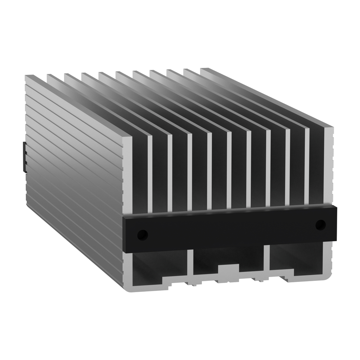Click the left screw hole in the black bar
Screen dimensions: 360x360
pyautogui.click(x=142, y=234)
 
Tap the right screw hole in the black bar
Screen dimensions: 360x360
pyautogui.click(x=320, y=225)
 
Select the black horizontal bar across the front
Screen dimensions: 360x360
pyautogui.click(x=229, y=229)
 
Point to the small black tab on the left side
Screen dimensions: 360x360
pyautogui.click(x=24, y=157)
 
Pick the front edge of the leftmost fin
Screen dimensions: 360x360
pyautogui.click(x=128, y=176)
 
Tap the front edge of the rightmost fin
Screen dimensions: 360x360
pyautogui.click(x=329, y=165)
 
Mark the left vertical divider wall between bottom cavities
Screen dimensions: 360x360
pyautogui.click(x=190, y=265)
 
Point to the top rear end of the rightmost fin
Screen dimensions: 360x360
pyautogui.click(x=207, y=70)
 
